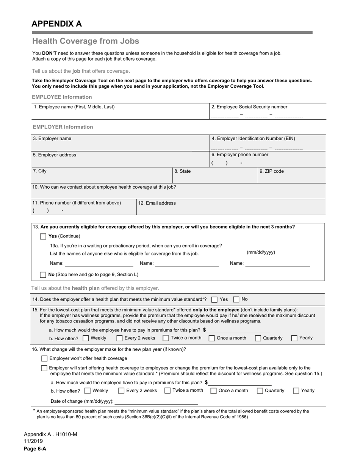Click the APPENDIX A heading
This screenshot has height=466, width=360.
(56, 24)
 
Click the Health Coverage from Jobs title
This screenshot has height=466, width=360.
(86, 41)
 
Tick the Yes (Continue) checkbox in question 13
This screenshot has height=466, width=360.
(43, 236)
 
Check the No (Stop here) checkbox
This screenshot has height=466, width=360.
(43, 275)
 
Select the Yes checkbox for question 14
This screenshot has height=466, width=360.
(214, 300)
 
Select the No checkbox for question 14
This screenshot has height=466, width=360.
(236, 300)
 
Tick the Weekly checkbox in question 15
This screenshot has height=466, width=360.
(86, 338)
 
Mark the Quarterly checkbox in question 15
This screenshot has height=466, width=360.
(258, 338)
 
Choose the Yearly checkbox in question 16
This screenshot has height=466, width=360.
(296, 391)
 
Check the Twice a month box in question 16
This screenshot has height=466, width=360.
(167, 391)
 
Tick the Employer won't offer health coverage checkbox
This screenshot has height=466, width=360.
(44, 358)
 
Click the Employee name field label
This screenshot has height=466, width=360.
(74, 107)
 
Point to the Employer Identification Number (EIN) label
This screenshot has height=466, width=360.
(254, 138)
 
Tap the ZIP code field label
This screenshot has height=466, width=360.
(272, 171)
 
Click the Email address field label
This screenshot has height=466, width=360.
(157, 203)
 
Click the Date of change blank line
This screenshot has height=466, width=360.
(156, 402)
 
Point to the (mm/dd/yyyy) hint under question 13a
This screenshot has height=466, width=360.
(261, 252)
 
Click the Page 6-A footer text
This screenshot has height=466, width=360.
(35, 449)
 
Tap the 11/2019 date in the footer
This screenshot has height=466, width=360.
(33, 441)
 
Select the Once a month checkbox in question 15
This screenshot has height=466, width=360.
(212, 338)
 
